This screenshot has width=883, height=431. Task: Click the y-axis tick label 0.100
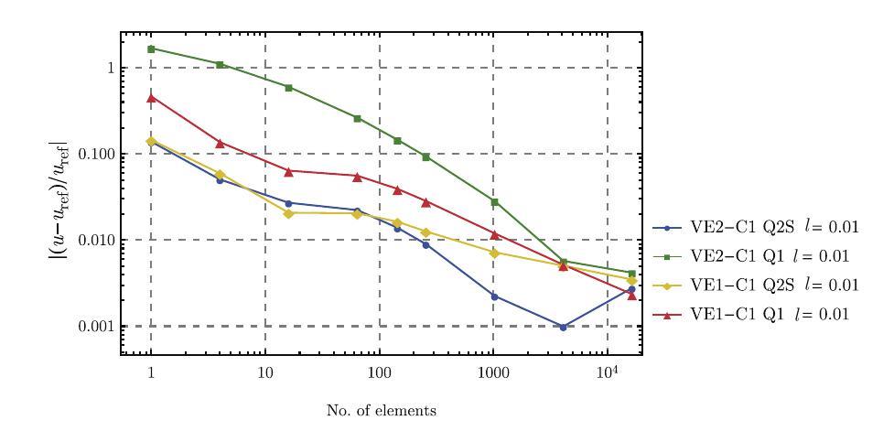94,155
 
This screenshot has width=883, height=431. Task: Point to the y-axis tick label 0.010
94,241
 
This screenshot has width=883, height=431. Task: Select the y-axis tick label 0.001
94,327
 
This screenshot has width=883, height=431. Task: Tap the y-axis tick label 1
109,69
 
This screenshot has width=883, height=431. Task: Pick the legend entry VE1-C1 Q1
753,314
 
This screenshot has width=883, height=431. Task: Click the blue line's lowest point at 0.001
564,327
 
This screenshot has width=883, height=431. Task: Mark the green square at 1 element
151,48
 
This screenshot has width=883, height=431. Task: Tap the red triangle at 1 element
151,97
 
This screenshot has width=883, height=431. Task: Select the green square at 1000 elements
494,201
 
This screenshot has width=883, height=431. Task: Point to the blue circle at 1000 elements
494,296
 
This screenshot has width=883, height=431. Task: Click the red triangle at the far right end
632,296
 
